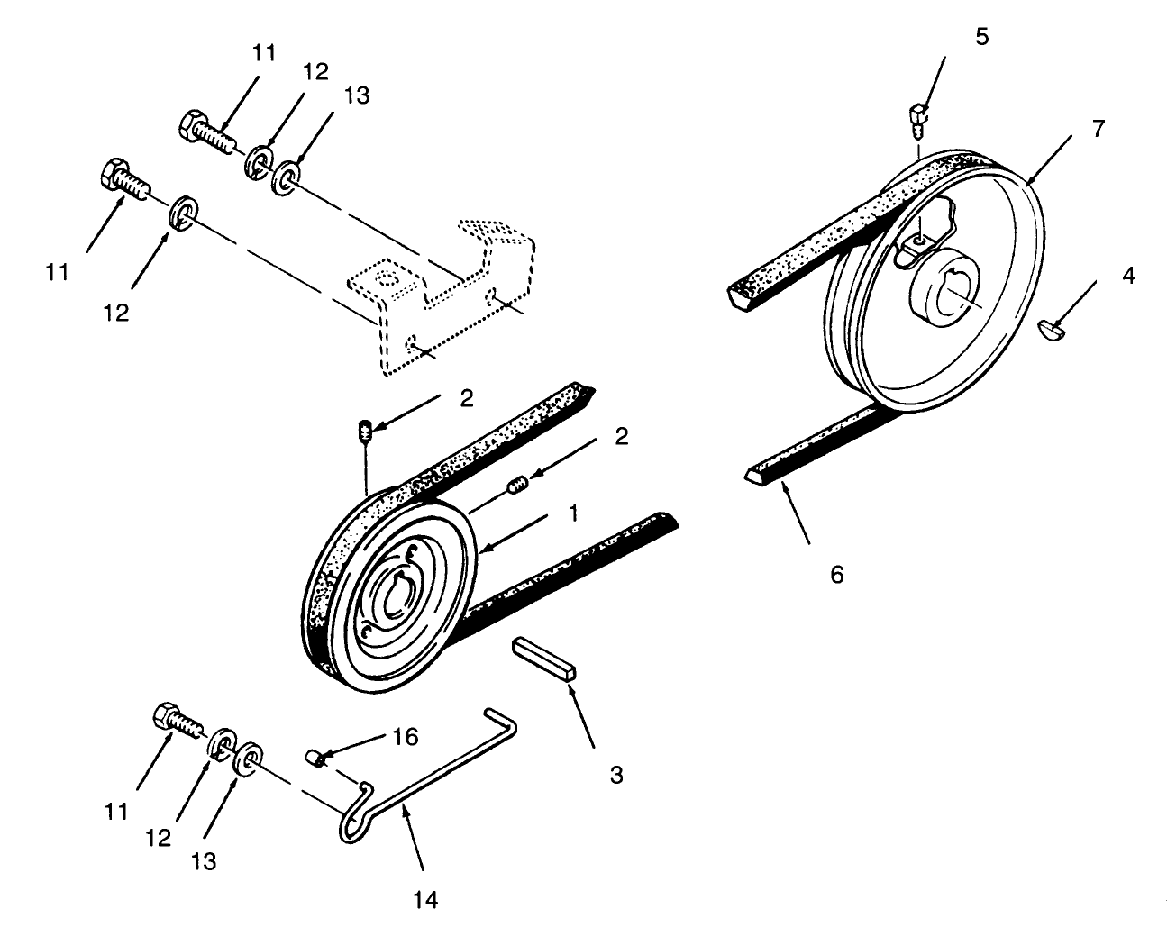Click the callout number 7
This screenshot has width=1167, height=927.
click(x=1097, y=128)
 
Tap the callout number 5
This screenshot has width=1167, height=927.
click(x=981, y=37)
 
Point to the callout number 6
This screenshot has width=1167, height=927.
click(x=836, y=574)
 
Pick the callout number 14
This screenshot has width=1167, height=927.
click(x=427, y=898)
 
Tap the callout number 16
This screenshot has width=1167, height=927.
click(x=406, y=737)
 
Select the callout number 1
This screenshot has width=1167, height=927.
click(x=570, y=513)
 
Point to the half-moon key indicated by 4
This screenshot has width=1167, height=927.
click(x=1052, y=330)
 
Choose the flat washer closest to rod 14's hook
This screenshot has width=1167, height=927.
click(x=248, y=758)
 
